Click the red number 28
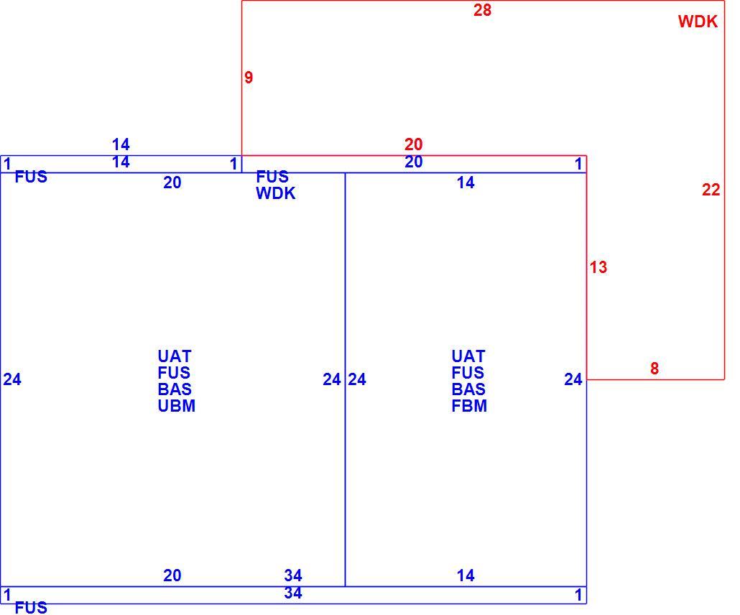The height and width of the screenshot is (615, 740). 482,10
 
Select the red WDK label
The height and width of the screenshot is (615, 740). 698,22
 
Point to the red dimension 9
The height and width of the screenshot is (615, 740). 249,78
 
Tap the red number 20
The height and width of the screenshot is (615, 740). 413,144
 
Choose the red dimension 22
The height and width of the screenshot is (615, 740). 711,190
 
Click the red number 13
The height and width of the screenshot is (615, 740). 598,267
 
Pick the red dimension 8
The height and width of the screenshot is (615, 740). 654,369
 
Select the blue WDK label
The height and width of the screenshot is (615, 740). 276,193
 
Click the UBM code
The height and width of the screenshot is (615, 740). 177,407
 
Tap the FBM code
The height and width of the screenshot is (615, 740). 469,407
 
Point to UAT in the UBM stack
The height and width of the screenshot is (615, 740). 175,356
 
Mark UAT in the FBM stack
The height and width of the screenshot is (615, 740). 468,356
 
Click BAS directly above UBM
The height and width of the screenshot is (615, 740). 175,390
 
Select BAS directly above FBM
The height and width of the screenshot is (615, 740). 468,390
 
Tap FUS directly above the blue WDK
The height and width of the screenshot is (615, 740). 272,177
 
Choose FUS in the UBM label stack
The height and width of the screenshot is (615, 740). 174,374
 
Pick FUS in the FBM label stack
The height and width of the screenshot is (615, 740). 468,374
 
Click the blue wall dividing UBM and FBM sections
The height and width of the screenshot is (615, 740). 345,379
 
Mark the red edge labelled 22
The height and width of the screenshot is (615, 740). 724,190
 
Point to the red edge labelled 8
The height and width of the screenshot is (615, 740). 655,379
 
